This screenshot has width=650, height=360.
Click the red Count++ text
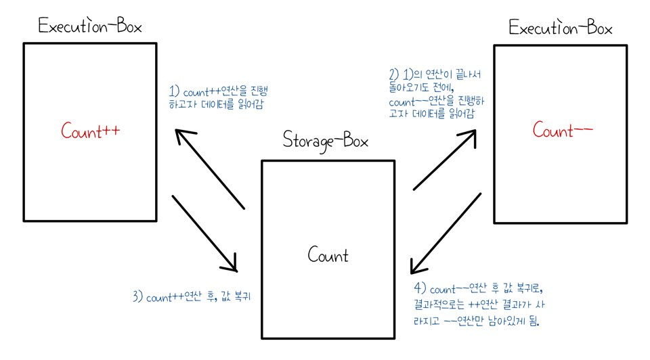coord(90,131)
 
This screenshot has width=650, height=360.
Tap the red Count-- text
coord(563,129)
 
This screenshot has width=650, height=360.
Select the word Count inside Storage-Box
coord(328,255)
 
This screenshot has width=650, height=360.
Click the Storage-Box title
coord(327,143)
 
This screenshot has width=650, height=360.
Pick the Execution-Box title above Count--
coord(561,28)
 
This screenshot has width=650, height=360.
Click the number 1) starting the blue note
coord(174,91)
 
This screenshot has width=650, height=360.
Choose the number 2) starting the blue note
coord(394,74)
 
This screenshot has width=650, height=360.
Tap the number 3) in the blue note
coord(138,298)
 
